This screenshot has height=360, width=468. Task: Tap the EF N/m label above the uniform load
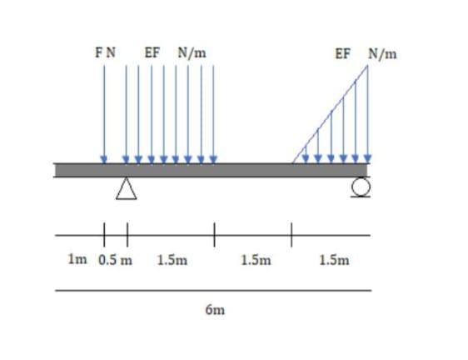176,52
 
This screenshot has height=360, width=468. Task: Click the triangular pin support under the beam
126,190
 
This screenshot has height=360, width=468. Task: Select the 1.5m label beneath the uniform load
172,259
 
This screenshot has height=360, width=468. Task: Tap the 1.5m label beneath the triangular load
334,259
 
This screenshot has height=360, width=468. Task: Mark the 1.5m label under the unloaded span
255,259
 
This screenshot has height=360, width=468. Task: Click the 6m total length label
214,310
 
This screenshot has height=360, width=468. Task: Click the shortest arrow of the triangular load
305,155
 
